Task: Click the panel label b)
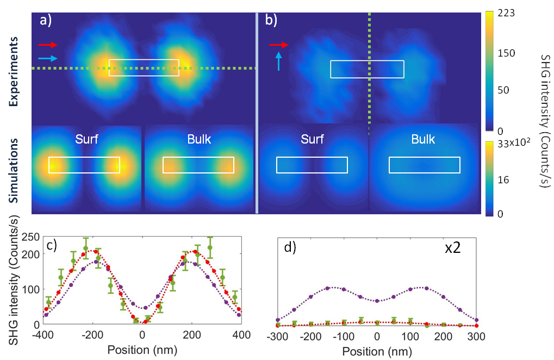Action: point(271,21)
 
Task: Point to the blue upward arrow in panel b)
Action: point(279,61)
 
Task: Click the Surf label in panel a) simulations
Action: point(87,139)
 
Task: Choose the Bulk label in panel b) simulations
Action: point(423,139)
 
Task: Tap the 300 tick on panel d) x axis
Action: point(476,336)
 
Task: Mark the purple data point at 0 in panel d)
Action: point(377,301)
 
